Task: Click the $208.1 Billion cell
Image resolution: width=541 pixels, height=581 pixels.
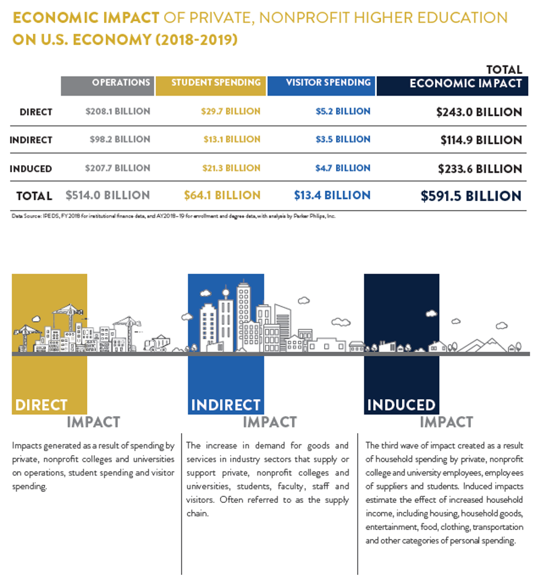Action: pos(118,112)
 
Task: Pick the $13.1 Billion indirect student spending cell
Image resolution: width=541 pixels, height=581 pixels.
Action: pos(231,140)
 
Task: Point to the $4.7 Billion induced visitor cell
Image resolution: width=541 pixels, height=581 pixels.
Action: pos(343,168)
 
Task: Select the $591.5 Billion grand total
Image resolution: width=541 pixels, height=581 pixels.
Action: pos(471,196)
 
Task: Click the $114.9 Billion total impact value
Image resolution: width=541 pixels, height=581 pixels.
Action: pos(481,140)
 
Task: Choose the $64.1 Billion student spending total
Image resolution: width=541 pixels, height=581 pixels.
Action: pos(222,195)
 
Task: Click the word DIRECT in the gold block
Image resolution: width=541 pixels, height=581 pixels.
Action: pos(41,405)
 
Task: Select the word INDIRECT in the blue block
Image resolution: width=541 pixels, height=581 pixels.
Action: pos(225,405)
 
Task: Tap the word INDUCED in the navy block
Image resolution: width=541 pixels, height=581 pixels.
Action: pos(401,405)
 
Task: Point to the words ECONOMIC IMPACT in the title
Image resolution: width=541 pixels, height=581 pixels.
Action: pos(86,17)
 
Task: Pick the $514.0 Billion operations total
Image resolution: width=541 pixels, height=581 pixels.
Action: pos(108,195)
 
